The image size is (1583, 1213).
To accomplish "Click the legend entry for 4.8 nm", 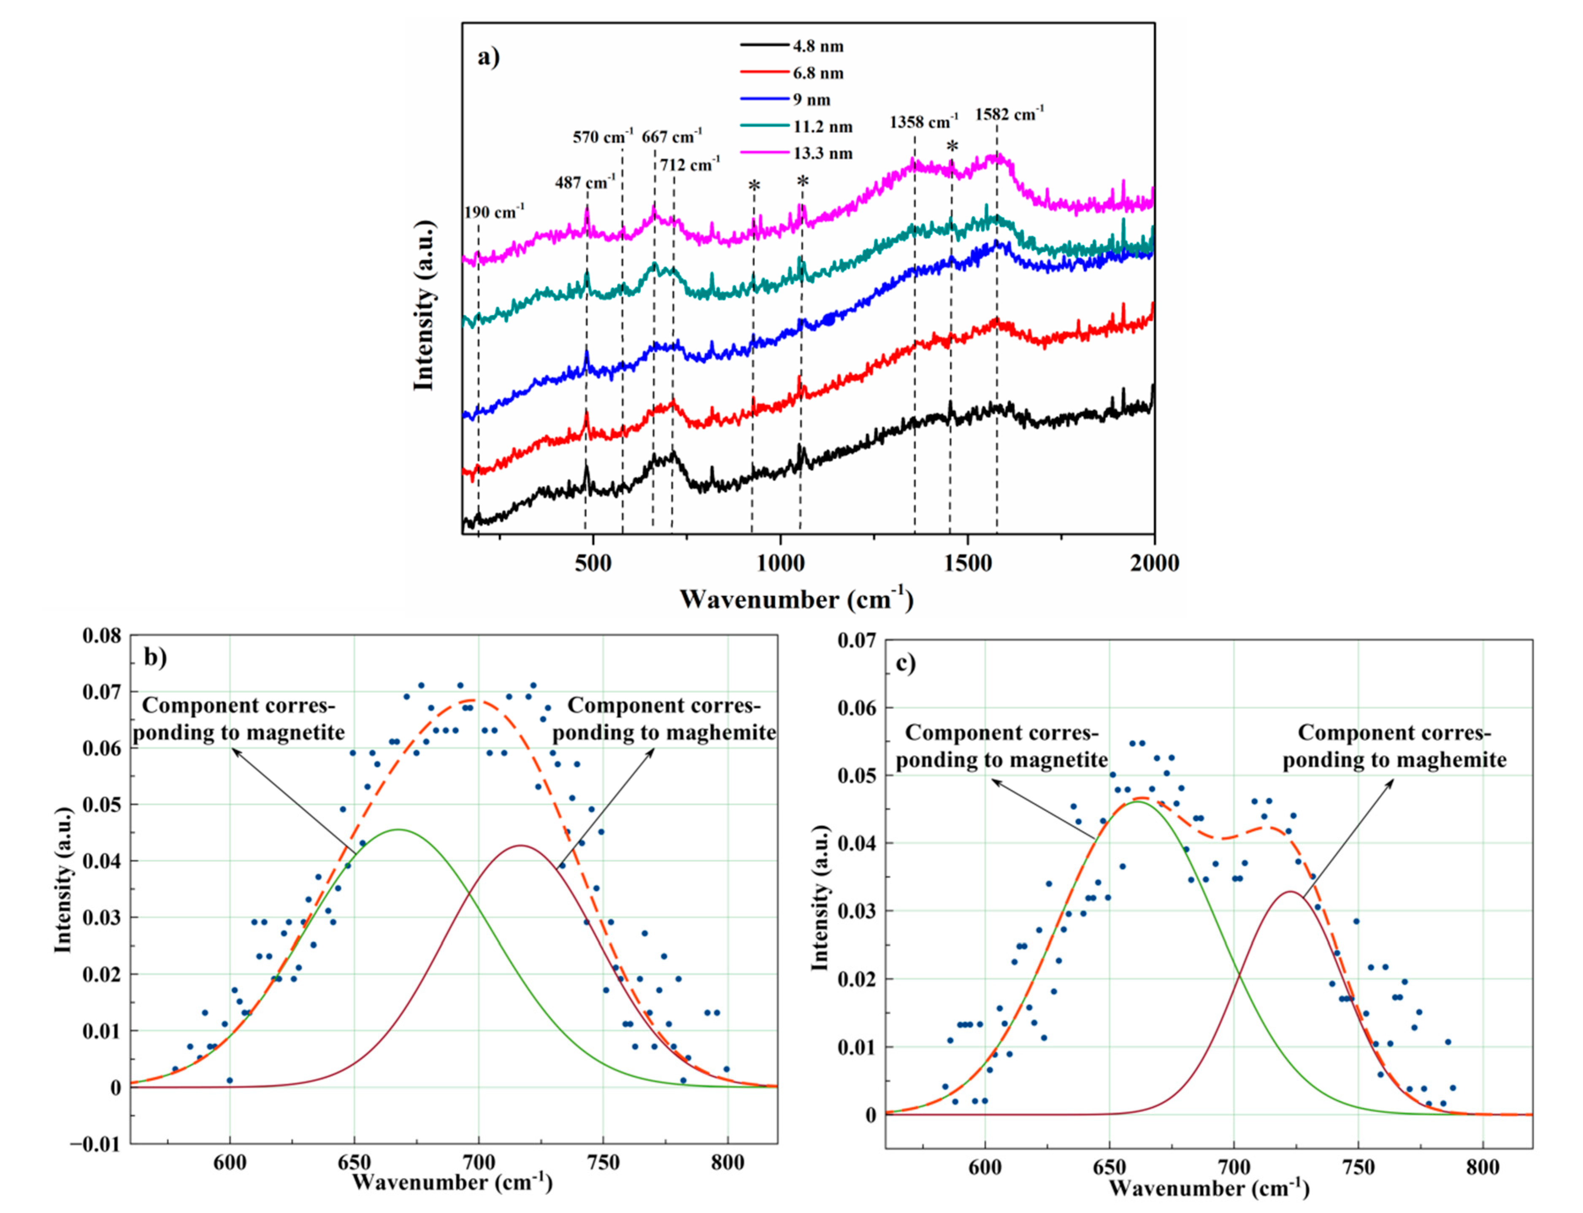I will pos(817,46).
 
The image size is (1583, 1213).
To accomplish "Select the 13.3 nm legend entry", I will pos(822,153).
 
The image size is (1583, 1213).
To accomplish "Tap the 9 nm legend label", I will pos(811,100).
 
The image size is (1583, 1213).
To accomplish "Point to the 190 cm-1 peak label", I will pos(494,212).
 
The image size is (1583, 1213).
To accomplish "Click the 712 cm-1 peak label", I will pos(689,165).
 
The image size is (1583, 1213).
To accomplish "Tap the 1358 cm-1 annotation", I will pos(924,122).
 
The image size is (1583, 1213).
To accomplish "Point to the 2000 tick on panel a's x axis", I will pos(1153,563).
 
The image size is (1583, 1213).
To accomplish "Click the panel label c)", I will pos(906,663).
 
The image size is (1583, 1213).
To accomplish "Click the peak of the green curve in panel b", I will pos(399,829).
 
